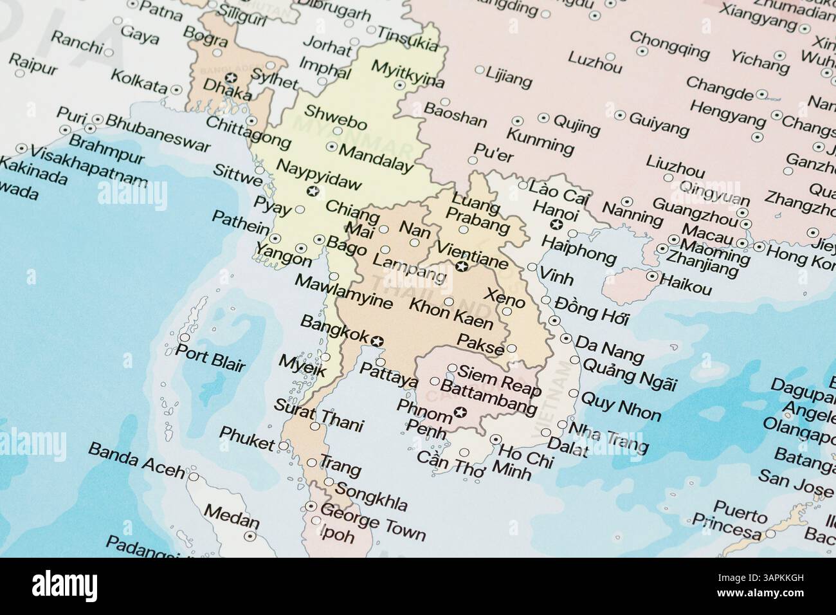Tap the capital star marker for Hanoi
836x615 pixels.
(x=557, y=224)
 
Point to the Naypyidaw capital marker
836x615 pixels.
(x=313, y=190)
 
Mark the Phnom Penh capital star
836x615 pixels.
(x=459, y=412)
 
